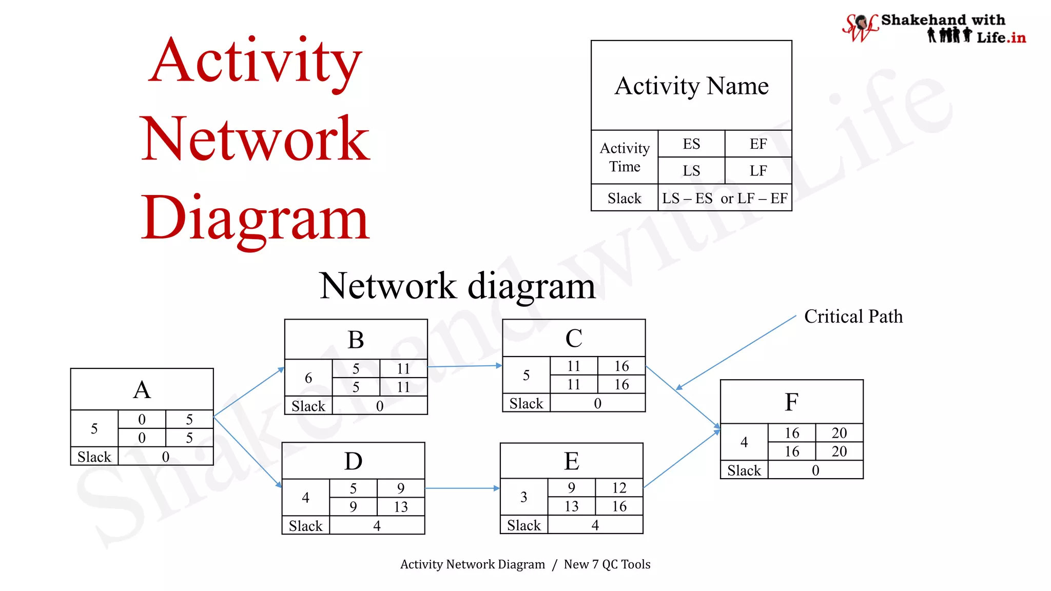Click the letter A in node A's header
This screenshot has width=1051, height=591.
tap(142, 390)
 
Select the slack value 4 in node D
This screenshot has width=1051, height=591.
tap(377, 526)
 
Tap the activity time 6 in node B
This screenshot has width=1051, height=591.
tap(308, 378)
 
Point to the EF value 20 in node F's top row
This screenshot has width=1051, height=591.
tap(839, 433)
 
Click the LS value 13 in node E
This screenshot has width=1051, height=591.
tap(571, 506)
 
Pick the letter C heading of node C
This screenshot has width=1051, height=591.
tap(574, 339)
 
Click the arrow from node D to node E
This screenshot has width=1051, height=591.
tap(462, 488)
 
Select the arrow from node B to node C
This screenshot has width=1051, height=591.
tap(464, 366)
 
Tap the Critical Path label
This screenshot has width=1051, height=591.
tap(853, 317)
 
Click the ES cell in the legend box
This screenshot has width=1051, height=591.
tap(691, 144)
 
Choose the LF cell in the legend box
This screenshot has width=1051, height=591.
tap(758, 171)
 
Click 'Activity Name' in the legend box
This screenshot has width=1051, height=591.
tap(691, 86)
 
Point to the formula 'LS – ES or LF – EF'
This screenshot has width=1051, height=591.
tap(725, 199)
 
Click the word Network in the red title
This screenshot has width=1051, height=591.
tap(255, 139)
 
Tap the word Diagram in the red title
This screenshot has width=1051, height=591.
tap(255, 218)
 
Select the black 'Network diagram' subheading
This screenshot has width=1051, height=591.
tap(457, 286)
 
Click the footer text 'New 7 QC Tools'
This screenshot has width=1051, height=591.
tap(607, 564)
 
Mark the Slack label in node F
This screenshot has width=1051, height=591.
tap(744, 470)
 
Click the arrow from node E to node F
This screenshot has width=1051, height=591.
tap(682, 459)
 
